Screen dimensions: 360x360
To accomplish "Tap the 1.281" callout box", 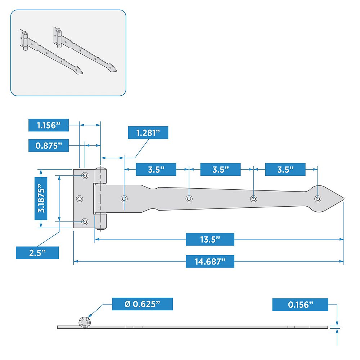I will (x=148, y=133).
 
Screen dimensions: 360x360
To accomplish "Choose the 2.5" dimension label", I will (x=37, y=253).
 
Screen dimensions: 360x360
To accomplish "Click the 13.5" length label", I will (x=210, y=239).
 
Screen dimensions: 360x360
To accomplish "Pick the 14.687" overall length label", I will (x=210, y=261).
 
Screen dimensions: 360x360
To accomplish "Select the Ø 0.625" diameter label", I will (x=142, y=304).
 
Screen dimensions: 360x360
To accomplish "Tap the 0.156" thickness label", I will (x=300, y=305).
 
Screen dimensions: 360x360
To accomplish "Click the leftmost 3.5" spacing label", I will (x=156, y=169).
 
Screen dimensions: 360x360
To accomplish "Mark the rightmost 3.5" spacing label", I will (x=285, y=169).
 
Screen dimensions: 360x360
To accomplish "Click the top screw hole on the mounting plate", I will (x=85, y=175).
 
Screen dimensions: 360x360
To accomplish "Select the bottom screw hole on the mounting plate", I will (x=85, y=222).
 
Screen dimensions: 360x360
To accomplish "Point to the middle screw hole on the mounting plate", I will (x=80, y=198).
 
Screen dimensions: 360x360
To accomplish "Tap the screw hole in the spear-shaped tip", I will (x=318, y=199).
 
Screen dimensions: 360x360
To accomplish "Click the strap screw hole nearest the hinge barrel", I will (x=124, y=199).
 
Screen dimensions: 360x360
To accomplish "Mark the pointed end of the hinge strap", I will (x=344, y=199).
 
